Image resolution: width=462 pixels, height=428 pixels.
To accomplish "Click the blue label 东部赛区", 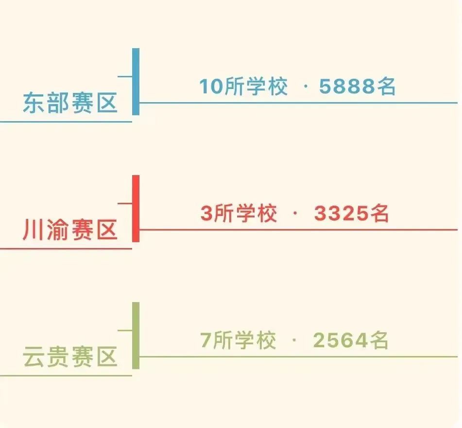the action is (x=70, y=102).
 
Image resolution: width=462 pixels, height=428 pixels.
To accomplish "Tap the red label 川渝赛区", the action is (x=70, y=230).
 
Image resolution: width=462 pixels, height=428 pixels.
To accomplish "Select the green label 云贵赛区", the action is (x=70, y=357).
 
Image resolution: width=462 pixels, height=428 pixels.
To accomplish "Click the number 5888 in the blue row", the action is (x=347, y=87).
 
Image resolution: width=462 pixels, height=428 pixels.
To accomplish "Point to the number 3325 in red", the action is (x=341, y=213).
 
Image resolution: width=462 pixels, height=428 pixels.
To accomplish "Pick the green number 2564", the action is (x=341, y=340).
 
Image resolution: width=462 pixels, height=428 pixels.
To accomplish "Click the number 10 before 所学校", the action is (x=211, y=87).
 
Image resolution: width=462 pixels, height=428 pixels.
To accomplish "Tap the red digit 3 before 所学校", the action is (x=206, y=213).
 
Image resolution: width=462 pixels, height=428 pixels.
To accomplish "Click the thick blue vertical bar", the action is (x=136, y=82).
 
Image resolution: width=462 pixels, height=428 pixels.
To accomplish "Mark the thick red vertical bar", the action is (x=136, y=209).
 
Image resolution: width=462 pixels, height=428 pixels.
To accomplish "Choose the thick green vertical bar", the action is (x=136, y=336).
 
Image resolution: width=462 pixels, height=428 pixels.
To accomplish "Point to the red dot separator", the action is (x=295, y=214).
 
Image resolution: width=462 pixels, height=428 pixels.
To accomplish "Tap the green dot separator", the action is (x=294, y=340).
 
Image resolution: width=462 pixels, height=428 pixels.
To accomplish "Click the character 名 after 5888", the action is (x=386, y=87).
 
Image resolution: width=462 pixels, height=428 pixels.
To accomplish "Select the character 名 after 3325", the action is (x=379, y=213).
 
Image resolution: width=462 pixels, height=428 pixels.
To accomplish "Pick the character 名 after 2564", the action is (x=379, y=340).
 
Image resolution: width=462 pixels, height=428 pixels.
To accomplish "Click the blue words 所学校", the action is (x=256, y=87).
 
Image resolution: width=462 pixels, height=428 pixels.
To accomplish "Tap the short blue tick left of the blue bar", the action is (x=125, y=76).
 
